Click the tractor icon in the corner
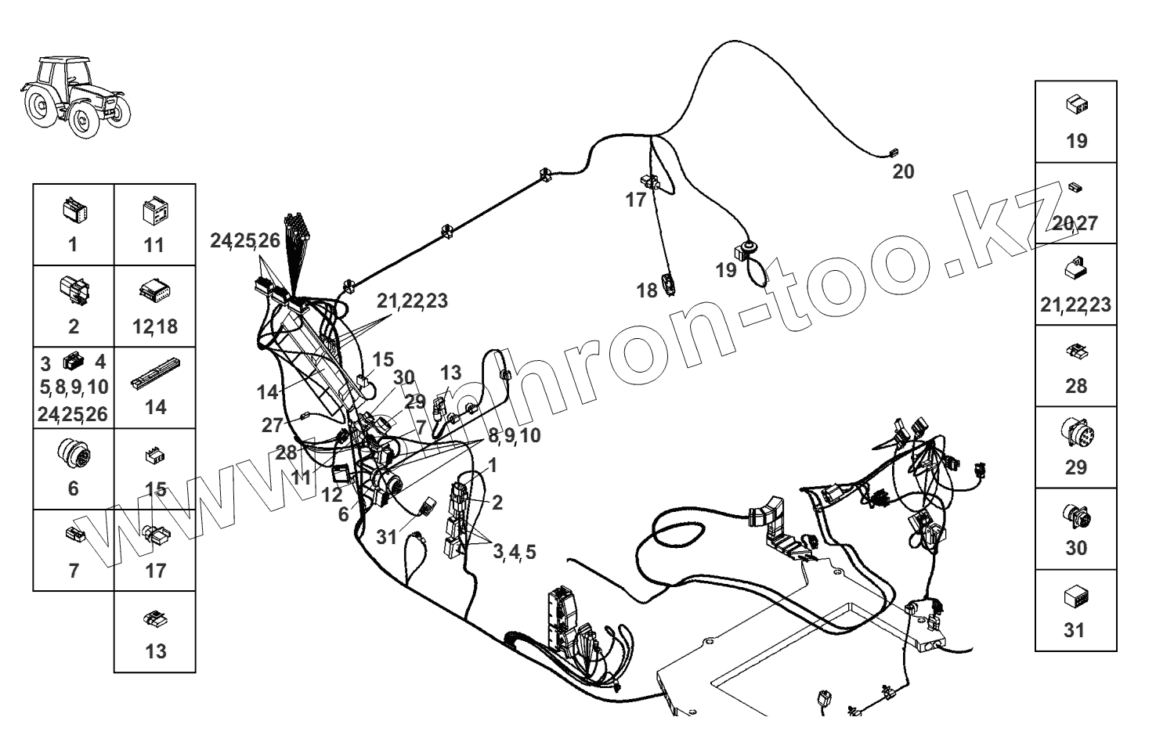click(x=74, y=95)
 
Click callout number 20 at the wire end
click(x=903, y=171)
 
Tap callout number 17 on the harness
click(x=636, y=200)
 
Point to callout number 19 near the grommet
click(x=726, y=270)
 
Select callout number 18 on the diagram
click(x=647, y=291)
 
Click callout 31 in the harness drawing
click(x=387, y=537)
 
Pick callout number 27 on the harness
click(x=272, y=425)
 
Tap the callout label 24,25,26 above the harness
click(x=244, y=241)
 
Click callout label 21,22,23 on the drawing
click(x=412, y=301)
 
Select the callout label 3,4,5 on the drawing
click(x=515, y=552)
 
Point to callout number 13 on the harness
click(x=451, y=373)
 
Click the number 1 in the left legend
click(x=73, y=244)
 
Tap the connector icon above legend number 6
click(x=74, y=451)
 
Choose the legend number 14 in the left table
click(x=155, y=407)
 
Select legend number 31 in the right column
click(x=1075, y=629)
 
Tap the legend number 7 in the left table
click(x=74, y=571)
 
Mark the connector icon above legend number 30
click(x=1076, y=516)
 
